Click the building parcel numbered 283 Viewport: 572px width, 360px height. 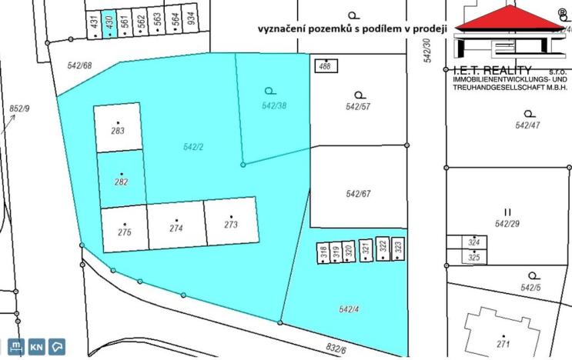pos(118,127)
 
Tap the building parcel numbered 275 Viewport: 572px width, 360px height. pos(124,228)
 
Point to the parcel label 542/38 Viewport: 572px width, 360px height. pos(274,105)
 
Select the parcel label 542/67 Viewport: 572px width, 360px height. pos(359,194)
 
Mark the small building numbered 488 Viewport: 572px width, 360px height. pos(326,65)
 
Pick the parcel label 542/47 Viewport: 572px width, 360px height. pos(527,125)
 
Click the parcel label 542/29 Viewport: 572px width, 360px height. pos(507,224)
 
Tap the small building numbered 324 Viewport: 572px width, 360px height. pos(474,243)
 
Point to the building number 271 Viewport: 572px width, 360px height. pos(504,343)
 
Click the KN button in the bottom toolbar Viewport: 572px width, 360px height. pos(36,347)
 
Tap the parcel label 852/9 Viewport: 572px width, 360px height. pos(19,109)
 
